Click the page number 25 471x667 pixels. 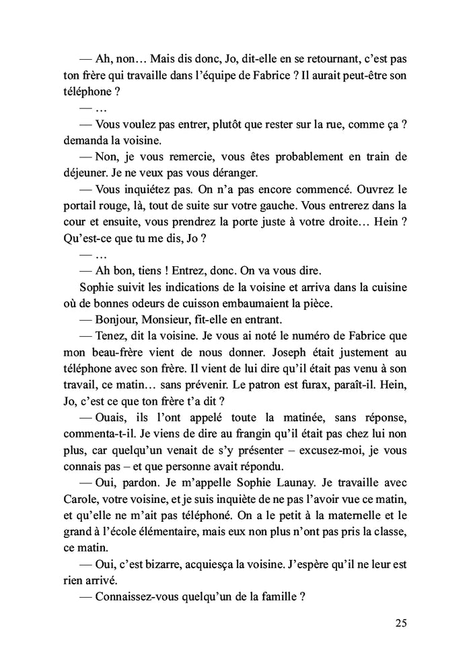[x=400, y=623]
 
